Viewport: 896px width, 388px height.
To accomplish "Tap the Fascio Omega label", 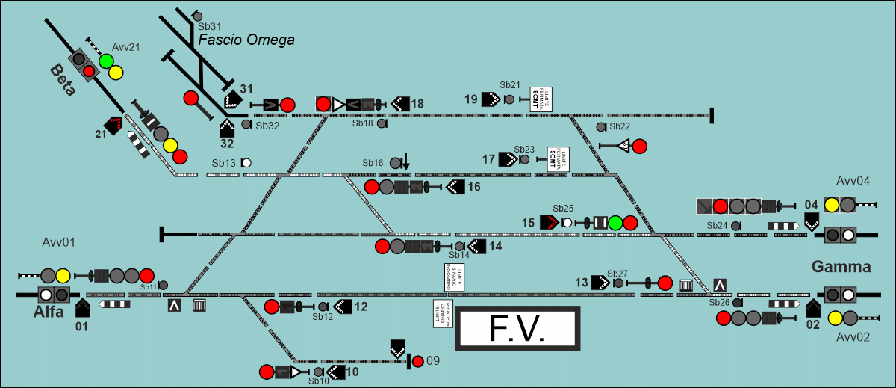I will [x=246, y=40].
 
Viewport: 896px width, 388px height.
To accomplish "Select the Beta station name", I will [x=63, y=80].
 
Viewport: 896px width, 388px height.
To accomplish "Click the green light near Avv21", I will [x=106, y=61].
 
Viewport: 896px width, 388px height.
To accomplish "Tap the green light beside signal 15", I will [x=615, y=222].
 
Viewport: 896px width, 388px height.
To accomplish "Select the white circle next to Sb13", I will [x=246, y=162].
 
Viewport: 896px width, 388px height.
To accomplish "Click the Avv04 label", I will [x=853, y=181].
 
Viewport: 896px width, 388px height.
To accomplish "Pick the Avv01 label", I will [x=59, y=242].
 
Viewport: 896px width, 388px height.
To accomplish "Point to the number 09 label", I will [x=433, y=361].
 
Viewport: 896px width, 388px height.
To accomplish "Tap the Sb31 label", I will [x=210, y=27].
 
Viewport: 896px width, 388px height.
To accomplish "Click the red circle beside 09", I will [x=417, y=361].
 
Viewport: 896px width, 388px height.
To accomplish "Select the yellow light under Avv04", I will [x=831, y=204].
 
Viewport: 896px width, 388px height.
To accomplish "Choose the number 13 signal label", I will [x=582, y=282].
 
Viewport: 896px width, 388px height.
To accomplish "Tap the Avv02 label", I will [x=853, y=337].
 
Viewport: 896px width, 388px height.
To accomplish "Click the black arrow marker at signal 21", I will [x=114, y=125].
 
